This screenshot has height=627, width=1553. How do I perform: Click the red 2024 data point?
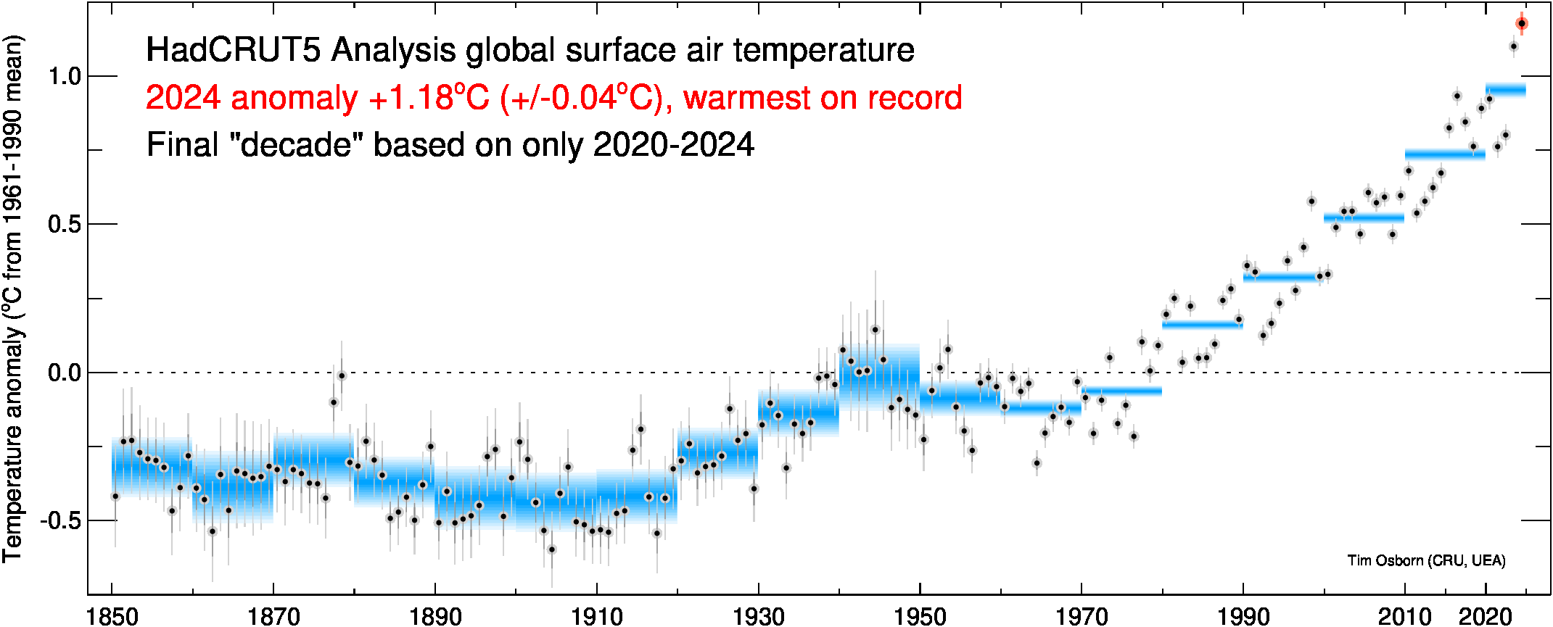1521,23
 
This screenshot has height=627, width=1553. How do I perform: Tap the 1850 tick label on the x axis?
112,617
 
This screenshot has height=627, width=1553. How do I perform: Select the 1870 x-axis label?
273,617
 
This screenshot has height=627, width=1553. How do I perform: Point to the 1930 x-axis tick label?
758,617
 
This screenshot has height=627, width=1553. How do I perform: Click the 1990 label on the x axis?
1243,617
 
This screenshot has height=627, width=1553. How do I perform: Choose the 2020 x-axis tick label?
1485,617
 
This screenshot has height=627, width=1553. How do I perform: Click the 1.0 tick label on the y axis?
64,76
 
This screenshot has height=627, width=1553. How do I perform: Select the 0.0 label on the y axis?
64,373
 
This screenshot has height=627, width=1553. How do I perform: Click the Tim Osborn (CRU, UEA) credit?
1426,560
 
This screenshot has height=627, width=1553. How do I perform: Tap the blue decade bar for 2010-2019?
1444,154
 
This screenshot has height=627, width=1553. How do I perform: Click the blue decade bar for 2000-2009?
1364,217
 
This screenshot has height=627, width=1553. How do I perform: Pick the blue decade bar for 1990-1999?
1282,277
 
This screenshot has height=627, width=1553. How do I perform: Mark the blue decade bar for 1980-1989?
1202,324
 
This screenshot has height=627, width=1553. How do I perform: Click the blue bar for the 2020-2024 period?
1505,90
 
